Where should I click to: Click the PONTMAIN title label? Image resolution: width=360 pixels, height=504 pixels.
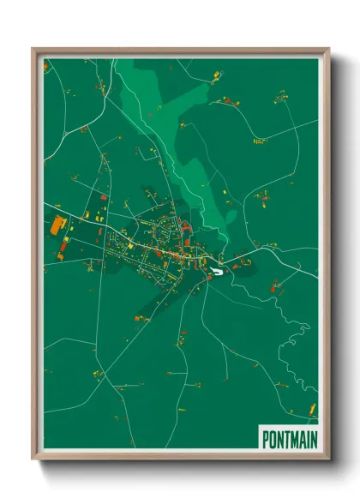pos(287,436)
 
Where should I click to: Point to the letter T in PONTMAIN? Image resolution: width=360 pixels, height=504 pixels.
pos(285,436)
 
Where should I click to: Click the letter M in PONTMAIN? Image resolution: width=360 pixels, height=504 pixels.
pos(292,436)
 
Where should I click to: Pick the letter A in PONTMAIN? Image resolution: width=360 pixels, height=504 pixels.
pos(300,436)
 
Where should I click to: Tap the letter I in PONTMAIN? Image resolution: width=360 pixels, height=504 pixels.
pos(305,436)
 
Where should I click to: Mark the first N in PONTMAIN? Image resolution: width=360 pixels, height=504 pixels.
pos(278,436)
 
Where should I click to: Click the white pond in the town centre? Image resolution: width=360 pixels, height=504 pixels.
pos(214,273)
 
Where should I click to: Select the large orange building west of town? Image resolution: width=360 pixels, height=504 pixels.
pos(57,225)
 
